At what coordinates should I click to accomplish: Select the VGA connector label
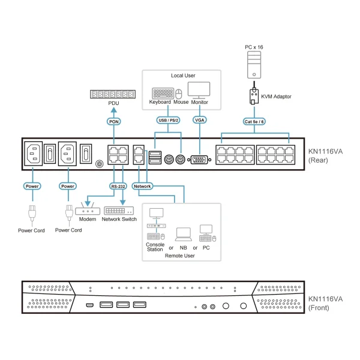pyautogui.click(x=200, y=120)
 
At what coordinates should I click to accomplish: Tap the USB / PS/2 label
pyautogui.click(x=168, y=120)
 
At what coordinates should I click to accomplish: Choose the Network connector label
pyautogui.click(x=143, y=186)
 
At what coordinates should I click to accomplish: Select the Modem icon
pyautogui.click(x=88, y=211)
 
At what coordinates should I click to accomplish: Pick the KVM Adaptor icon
pyautogui.click(x=254, y=97)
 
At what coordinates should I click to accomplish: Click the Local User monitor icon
pyautogui.click(x=199, y=89)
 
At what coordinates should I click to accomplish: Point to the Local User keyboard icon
pyautogui.click(x=163, y=94)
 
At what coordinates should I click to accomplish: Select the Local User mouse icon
pyautogui.click(x=178, y=94)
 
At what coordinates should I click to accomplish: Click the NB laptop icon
pyautogui.click(x=182, y=233)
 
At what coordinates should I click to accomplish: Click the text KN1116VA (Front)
pyautogui.click(x=325, y=303)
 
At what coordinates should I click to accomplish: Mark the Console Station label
pyautogui.click(x=155, y=247)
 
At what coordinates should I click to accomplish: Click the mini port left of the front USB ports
pyautogui.click(x=89, y=305)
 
